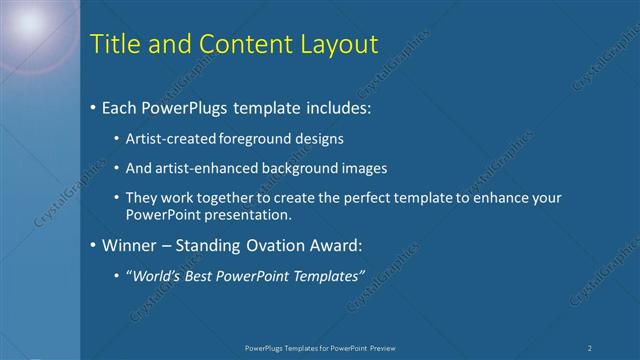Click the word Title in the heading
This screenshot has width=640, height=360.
[x=113, y=44]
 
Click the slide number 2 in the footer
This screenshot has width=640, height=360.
[x=590, y=347]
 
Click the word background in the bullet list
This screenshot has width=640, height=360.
[x=306, y=168]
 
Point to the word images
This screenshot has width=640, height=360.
[x=366, y=168]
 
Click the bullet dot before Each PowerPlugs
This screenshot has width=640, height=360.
[x=93, y=105]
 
